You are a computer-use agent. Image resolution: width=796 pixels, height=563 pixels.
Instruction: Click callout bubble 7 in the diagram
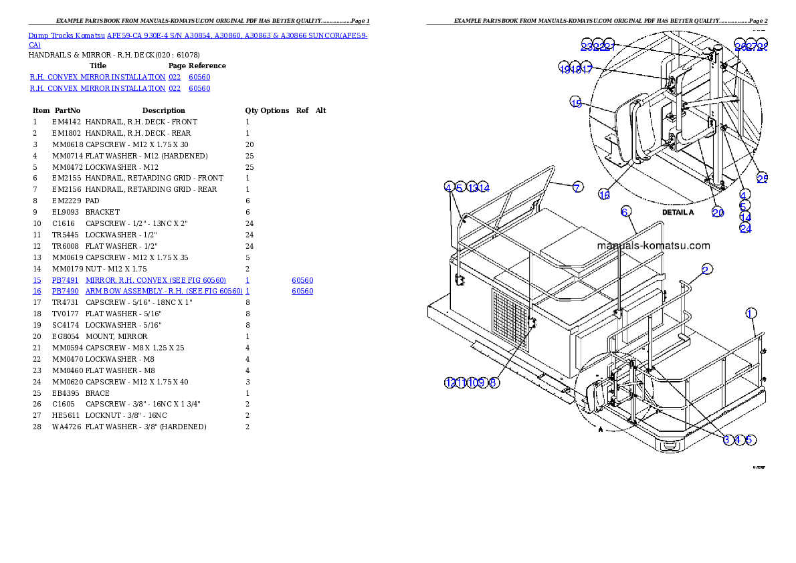577,187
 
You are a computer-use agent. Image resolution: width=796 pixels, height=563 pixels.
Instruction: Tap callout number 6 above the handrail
625,212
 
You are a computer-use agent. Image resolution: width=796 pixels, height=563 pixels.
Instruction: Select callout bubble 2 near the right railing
707,269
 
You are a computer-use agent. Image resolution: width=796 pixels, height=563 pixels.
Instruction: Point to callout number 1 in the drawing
751,313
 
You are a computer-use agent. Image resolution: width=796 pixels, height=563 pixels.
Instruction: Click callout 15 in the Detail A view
576,102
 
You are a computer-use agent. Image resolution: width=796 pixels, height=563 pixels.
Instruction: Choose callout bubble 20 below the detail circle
718,213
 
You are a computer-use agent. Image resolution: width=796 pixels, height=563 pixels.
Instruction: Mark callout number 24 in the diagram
745,228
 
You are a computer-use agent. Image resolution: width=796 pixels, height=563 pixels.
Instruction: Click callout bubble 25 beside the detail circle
762,179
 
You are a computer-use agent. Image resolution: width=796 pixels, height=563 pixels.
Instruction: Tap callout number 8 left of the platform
494,382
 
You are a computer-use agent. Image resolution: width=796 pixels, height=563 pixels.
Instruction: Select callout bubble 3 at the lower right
727,439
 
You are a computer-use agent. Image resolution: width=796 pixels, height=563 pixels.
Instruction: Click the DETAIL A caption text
678,212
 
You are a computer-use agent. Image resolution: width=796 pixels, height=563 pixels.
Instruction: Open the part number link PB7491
66,280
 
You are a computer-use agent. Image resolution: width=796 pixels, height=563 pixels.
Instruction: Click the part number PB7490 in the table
66,292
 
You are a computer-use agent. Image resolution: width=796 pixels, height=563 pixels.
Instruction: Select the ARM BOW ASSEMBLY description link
163,292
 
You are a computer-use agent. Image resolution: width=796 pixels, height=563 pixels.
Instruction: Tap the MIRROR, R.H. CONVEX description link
155,280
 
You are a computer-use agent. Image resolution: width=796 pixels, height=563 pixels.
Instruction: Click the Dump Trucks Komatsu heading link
198,35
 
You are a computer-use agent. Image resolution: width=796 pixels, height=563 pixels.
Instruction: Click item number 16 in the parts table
37,292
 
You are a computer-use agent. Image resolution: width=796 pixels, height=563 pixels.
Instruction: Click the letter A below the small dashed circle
601,430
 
